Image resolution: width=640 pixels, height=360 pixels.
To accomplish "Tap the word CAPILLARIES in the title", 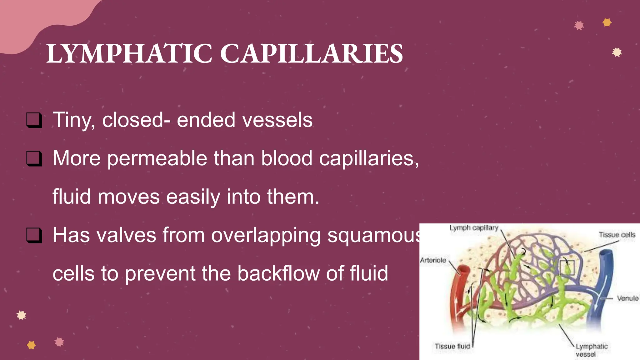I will click(312, 54).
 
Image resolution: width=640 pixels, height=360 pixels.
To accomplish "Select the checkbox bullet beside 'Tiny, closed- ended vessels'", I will click(34, 120).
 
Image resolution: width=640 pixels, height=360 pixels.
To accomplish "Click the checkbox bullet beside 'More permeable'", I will click(34, 158).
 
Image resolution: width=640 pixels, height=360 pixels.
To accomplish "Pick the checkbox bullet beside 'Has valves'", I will click(34, 235).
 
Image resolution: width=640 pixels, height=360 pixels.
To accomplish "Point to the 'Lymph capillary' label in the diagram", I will click(474, 228).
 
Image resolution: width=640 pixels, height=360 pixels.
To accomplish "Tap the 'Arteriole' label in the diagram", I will click(433, 260).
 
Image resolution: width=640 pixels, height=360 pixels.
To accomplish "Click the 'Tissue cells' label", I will click(617, 235).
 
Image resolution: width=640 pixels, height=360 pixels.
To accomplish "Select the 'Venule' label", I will click(627, 298).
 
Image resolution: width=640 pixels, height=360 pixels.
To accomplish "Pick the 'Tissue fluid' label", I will click(452, 346).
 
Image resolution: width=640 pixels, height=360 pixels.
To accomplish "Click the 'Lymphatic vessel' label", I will click(591, 350).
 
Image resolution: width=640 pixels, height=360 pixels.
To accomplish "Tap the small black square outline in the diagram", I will click(567, 267).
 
